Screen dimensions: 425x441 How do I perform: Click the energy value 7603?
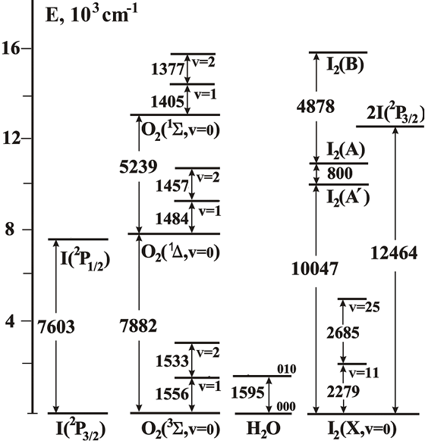56,327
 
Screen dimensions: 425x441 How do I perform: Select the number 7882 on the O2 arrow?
138,326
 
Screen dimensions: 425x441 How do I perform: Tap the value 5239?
138,167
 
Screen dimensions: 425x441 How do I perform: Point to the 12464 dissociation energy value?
394,253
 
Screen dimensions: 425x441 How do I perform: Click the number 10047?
315,268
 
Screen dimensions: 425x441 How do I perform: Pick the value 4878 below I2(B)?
316,107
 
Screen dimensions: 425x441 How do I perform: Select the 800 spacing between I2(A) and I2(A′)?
340,174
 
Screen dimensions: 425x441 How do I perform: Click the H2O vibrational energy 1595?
248,393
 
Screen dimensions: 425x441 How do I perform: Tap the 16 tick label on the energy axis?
11,49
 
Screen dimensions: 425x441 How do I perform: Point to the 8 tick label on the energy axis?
10,230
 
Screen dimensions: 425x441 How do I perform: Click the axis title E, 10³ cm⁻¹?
92,14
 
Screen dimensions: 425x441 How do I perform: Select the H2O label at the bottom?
263,430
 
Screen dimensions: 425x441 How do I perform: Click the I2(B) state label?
345,65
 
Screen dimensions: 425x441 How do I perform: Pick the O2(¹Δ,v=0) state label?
181,253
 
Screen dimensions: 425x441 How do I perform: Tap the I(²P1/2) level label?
85,260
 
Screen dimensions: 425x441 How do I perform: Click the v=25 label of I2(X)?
364,307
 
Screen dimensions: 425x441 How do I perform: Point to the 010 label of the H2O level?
287,369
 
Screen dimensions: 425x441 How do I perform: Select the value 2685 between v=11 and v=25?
343,333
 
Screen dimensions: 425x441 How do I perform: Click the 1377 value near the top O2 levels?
168,69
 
